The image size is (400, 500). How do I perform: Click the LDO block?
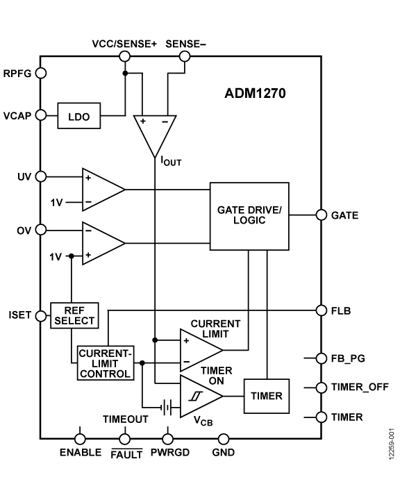pos(78,116)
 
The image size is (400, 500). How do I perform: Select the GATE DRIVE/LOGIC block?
pos(249,216)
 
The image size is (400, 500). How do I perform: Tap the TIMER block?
pos(267,396)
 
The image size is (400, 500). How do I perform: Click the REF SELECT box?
pos(74,315)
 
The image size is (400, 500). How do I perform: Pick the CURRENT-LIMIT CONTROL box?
pos(106,363)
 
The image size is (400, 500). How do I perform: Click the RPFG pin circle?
pos(41,73)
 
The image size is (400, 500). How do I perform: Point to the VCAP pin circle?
pos(41,115)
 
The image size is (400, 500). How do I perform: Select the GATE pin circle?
pos(322,215)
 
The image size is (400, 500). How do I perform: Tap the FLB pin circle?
pos(322,310)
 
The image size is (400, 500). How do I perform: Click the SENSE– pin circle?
pos(185,56)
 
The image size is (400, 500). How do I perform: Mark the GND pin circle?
pos(224,439)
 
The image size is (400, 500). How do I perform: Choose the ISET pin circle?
pos(41,316)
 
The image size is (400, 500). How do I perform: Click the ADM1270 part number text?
pos(255,94)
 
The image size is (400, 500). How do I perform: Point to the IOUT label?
pos(171,161)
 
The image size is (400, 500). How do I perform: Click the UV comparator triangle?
pos(103,190)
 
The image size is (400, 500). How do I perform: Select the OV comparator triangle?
pos(103,243)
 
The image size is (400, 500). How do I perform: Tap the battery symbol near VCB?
pos(167,407)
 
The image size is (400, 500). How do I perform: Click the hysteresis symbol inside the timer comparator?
pos(196,397)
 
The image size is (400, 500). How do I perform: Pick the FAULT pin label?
pos(126,453)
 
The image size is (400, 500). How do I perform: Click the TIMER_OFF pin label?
pos(360,387)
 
